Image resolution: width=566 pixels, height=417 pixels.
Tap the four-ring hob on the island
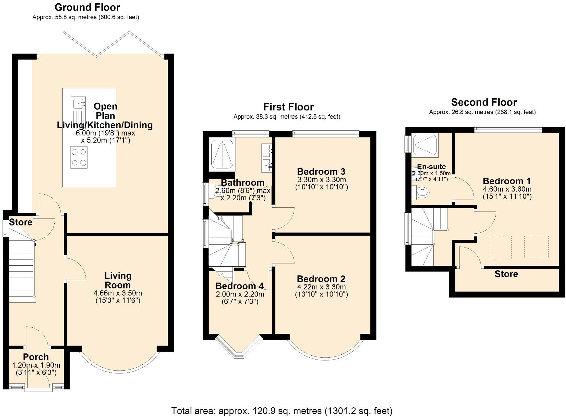[79, 157]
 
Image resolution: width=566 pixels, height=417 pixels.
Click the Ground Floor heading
[87, 7]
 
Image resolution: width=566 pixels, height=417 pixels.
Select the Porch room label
[36, 357]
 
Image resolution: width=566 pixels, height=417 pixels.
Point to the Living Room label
[118, 280]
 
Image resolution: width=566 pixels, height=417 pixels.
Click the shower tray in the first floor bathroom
[222, 154]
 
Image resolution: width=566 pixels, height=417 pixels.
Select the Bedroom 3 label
[321, 172]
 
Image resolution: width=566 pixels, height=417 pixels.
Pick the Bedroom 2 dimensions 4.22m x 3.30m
[321, 287]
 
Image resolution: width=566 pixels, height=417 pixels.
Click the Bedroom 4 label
[239, 286]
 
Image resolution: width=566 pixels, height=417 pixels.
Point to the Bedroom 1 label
[507, 181]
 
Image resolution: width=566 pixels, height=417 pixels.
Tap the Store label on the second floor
[506, 274]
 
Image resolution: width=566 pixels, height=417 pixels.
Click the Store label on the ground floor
[21, 222]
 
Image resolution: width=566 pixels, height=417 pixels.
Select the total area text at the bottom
[282, 411]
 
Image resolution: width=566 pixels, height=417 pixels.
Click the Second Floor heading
[484, 102]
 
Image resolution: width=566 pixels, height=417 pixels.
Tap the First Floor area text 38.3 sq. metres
[287, 117]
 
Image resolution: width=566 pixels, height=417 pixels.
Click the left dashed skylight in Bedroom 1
[500, 248]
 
